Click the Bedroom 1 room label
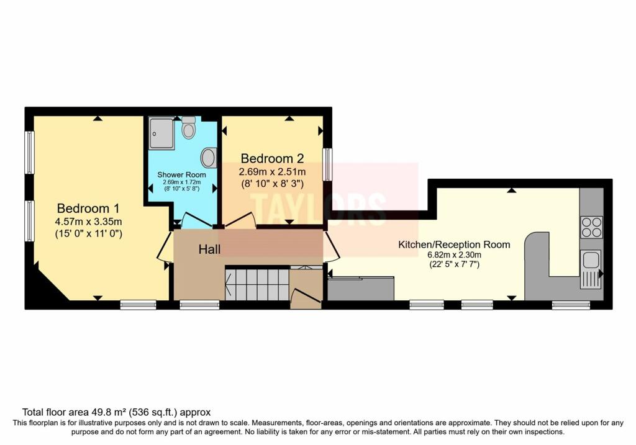pos(88,208)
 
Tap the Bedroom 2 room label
pos(273,158)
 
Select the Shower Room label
pos(181,174)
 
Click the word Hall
pos(210,249)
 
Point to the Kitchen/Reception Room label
pos(454,245)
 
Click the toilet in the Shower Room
pos(189,128)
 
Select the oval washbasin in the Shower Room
pos(209,158)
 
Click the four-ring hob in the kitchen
pos(591,227)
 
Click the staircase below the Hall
pos(257,284)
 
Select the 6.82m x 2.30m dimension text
pos(454,254)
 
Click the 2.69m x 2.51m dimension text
pos(273,171)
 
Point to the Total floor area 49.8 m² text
pos(117,411)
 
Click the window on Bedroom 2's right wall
pos(327,164)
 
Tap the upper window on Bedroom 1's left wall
pos(29,152)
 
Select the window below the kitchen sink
pos(571,305)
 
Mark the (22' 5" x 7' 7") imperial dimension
pos(454,264)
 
